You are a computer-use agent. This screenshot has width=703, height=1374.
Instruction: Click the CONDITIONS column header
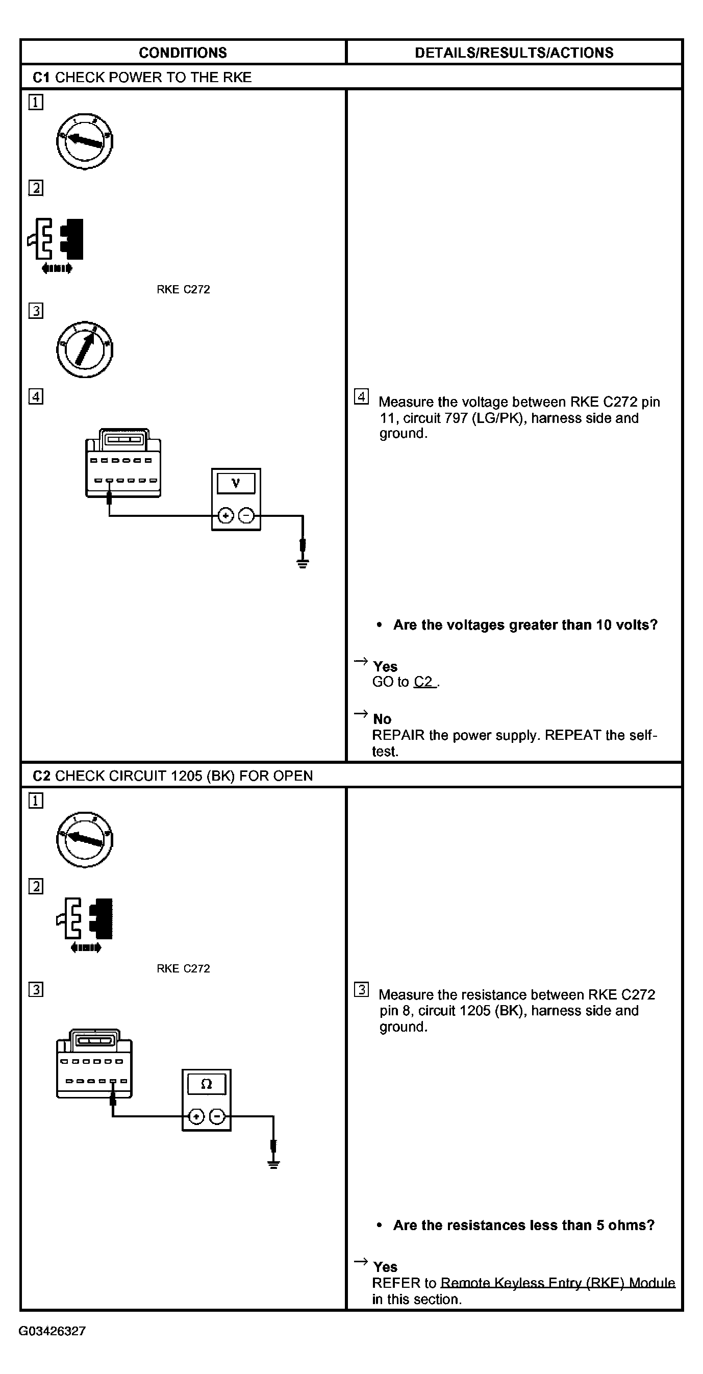(183, 52)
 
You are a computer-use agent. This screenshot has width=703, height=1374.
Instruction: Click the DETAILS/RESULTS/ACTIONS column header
(514, 52)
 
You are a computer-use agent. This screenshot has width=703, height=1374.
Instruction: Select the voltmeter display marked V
(236, 483)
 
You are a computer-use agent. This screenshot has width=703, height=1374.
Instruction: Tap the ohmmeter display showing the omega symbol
(207, 1084)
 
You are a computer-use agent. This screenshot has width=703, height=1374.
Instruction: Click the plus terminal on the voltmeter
(226, 516)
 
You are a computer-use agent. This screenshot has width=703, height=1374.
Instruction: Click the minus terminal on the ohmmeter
(216, 1116)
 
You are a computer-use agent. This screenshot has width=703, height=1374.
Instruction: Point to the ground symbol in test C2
(273, 1163)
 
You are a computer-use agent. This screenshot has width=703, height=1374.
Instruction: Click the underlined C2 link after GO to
(424, 682)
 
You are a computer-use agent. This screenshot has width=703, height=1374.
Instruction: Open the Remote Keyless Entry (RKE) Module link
(558, 1283)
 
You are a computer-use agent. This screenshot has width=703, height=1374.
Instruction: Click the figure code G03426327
(52, 1331)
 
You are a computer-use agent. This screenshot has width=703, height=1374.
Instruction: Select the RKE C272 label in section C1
(183, 289)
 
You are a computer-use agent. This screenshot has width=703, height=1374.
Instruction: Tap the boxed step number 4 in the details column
(361, 397)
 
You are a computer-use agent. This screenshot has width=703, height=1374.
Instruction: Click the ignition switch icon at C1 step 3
(84, 349)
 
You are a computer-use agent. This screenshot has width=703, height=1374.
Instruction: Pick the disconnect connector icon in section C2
(85, 923)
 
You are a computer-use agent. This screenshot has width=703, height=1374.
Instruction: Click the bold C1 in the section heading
(41, 78)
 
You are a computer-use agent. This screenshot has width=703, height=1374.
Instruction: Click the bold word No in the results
(382, 719)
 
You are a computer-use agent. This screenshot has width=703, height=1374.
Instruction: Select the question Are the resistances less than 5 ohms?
(523, 1225)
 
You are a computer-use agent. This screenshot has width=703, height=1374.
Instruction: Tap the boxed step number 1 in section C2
(36, 801)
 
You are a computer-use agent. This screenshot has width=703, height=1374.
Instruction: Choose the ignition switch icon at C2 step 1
(84, 839)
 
